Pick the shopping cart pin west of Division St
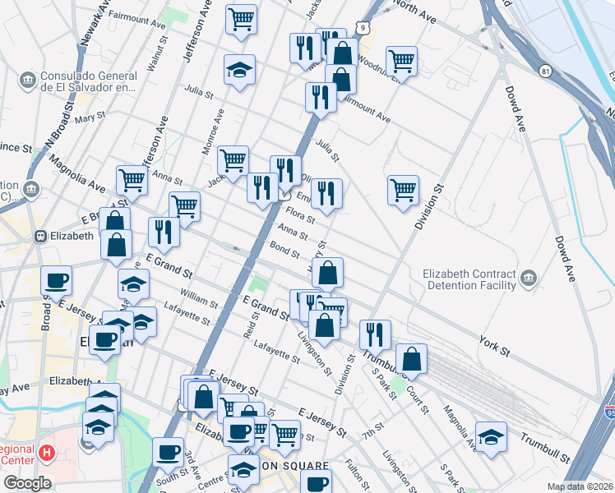403,191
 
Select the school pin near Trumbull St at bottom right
491,435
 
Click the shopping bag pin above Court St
411,358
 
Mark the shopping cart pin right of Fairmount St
240,19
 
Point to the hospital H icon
47,453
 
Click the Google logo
27,483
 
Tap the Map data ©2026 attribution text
579,486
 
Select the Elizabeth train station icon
39,236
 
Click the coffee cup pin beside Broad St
56,280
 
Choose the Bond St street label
284,248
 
